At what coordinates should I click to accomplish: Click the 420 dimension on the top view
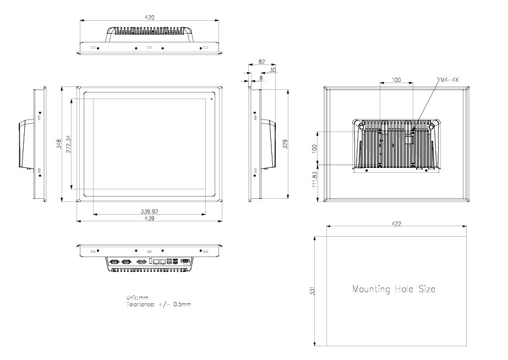pyautogui.click(x=149, y=18)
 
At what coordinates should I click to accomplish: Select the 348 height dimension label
pyautogui.click(x=59, y=144)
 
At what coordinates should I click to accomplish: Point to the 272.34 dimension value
pyautogui.click(x=68, y=144)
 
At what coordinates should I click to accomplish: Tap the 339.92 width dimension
pyautogui.click(x=150, y=211)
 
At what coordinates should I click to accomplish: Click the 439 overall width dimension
pyautogui.click(x=149, y=219)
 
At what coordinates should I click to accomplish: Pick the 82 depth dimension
pyautogui.click(x=261, y=62)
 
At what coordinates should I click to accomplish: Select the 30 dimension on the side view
pyautogui.click(x=273, y=70)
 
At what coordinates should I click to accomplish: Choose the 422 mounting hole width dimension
pyautogui.click(x=396, y=223)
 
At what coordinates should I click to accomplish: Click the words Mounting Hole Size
pyautogui.click(x=394, y=289)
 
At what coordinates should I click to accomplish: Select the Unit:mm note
pyautogui.click(x=137, y=298)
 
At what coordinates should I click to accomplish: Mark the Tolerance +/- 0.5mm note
pyautogui.click(x=159, y=304)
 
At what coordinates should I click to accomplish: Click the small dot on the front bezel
pyautogui.click(x=211, y=100)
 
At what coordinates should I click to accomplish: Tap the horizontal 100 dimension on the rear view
pyautogui.click(x=396, y=80)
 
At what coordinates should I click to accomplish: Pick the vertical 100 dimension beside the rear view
pyautogui.click(x=315, y=148)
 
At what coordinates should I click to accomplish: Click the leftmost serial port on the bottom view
pyautogui.click(x=115, y=262)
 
